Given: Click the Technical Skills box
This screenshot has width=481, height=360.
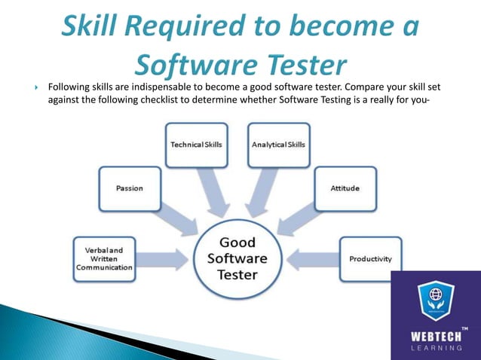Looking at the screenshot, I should [x=196, y=144].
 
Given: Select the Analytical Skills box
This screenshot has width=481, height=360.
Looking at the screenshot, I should [x=278, y=144].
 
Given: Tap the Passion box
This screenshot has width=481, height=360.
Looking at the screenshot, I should [x=130, y=188].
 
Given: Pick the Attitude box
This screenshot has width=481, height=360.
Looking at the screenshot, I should [x=345, y=188].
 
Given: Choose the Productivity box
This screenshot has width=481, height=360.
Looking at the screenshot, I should [x=370, y=259].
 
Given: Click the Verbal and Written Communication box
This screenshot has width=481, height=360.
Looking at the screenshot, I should [x=104, y=259].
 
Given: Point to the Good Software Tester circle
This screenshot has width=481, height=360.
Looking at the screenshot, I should [x=237, y=258].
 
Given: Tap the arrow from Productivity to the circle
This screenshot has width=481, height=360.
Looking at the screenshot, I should [x=312, y=259].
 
